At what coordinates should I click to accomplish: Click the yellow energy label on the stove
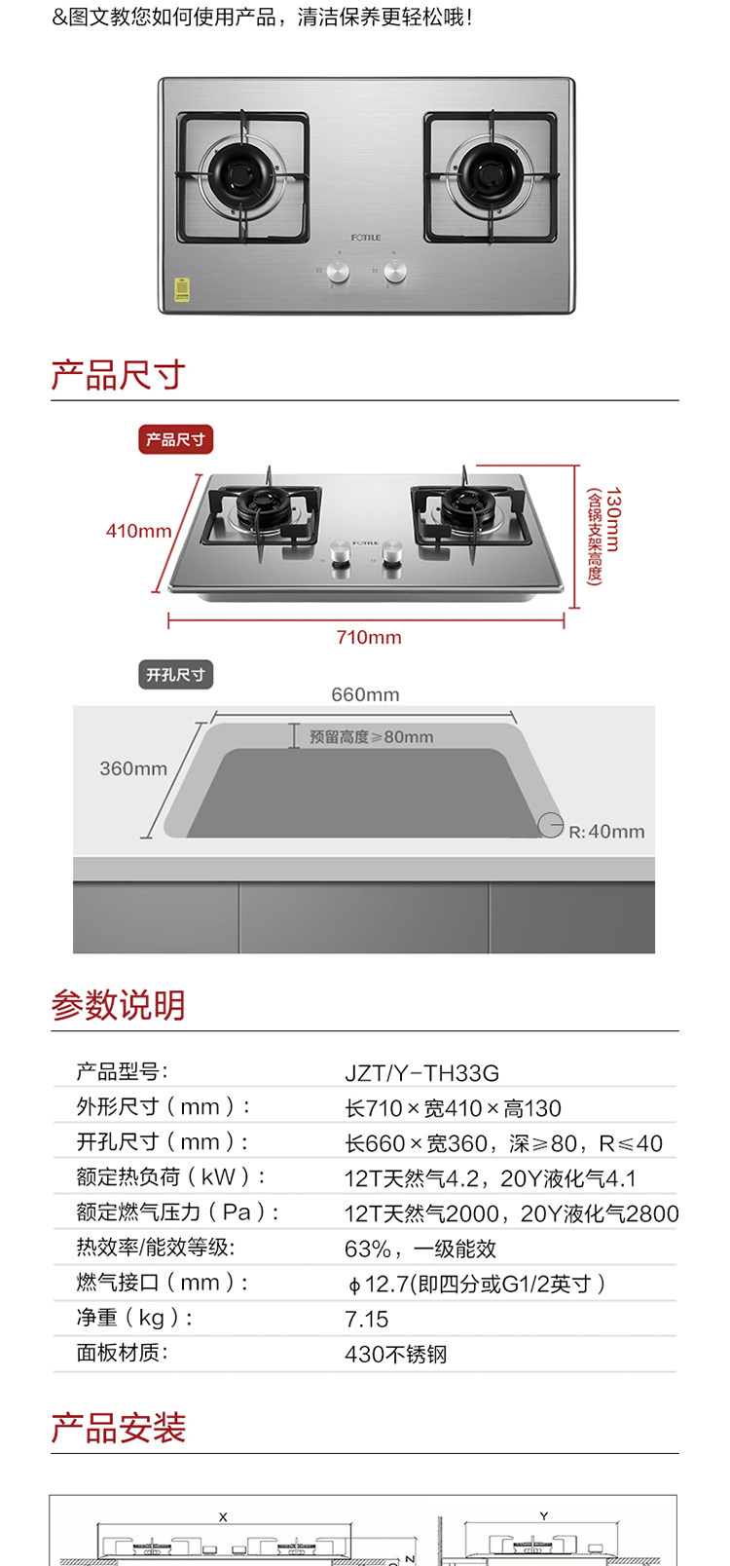click(182, 289)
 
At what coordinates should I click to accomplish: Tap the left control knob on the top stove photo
click(338, 271)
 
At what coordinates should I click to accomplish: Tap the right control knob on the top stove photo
click(395, 271)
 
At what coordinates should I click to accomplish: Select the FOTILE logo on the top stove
click(366, 238)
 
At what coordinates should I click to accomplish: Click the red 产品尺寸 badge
click(175, 440)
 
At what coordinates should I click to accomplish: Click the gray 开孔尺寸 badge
click(175, 675)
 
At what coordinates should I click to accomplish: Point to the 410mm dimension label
click(138, 531)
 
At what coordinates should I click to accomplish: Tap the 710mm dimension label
click(369, 637)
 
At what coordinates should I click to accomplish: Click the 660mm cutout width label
click(365, 694)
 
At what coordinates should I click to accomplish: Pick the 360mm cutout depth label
click(133, 768)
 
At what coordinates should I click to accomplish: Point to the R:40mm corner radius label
click(606, 832)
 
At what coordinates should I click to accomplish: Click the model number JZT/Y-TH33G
click(421, 1073)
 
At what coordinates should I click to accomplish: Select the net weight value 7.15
click(366, 1320)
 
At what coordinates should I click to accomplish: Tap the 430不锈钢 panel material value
click(395, 1355)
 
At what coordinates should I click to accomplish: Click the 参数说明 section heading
click(118, 1005)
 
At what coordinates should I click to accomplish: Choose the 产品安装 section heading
click(118, 1428)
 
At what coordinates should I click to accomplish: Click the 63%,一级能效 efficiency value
click(420, 1249)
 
